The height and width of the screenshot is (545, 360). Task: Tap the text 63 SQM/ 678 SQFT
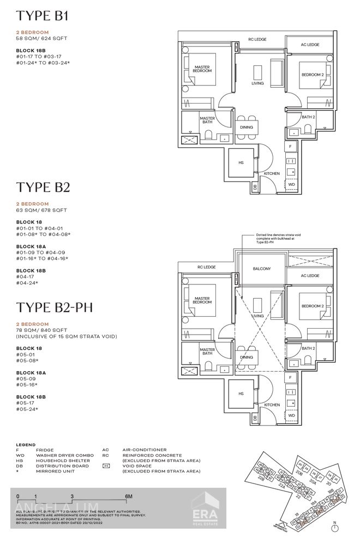[41, 210]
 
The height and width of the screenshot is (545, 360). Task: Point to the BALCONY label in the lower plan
[262, 269]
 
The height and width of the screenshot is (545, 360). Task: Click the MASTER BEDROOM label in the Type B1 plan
[202, 69]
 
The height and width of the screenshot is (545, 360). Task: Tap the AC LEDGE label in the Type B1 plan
[310, 45]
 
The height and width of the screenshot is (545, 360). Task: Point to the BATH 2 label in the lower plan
[308, 348]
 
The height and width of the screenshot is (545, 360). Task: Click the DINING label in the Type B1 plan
[247, 128]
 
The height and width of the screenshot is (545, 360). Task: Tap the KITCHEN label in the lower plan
[272, 405]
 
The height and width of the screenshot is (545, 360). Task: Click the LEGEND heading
[26, 445]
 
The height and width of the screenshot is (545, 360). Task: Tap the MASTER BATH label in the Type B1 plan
[207, 120]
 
